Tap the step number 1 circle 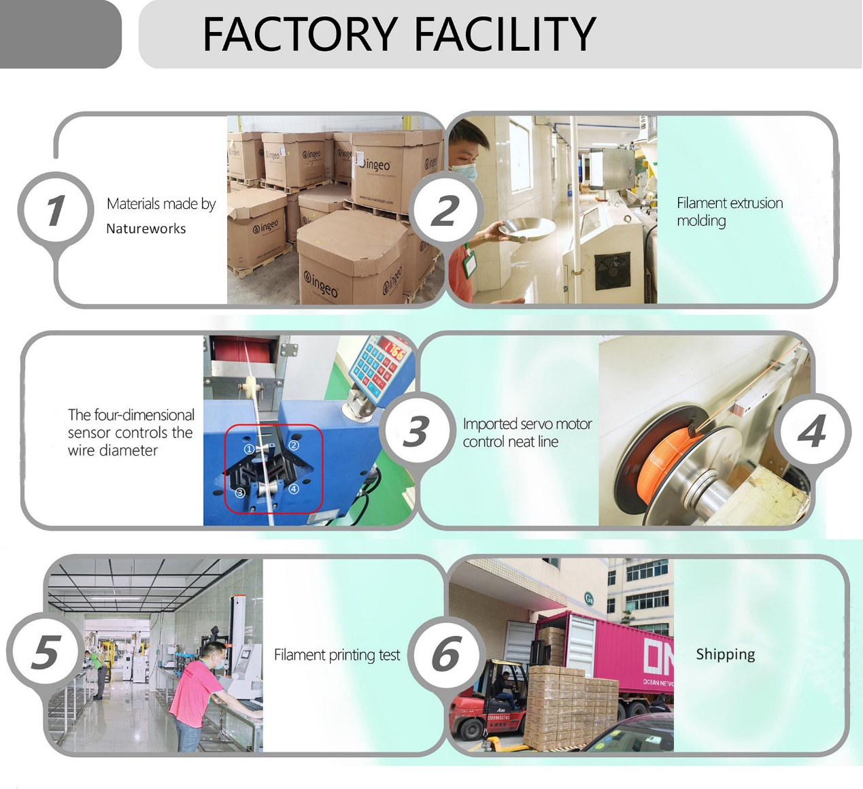click(x=55, y=209)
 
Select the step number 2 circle click(x=446, y=210)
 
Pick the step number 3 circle click(x=416, y=431)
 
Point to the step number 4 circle click(x=813, y=431)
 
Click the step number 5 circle click(x=45, y=651)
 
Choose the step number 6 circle click(x=447, y=654)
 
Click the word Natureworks click(x=146, y=229)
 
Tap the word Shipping click(x=725, y=654)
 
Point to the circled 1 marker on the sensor click(x=249, y=449)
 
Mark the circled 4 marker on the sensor click(x=293, y=488)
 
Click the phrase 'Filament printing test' click(x=337, y=655)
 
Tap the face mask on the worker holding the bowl click(x=463, y=170)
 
